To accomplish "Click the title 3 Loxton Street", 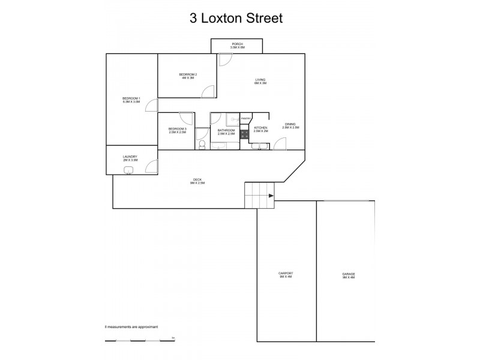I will click(236, 17).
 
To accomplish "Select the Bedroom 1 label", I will click(131, 100).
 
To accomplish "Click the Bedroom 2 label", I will click(188, 76).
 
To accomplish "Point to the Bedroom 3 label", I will click(177, 130).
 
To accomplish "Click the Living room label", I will click(260, 81).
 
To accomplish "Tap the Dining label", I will click(290, 126).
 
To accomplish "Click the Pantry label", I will click(246, 119).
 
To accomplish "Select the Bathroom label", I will click(226, 131).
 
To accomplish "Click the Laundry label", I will click(130, 158).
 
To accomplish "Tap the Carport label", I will click(286, 275).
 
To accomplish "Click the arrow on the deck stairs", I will click(271, 196).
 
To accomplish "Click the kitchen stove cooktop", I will click(245, 135).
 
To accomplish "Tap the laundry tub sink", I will click(128, 170).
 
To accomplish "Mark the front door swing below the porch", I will click(224, 59).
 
